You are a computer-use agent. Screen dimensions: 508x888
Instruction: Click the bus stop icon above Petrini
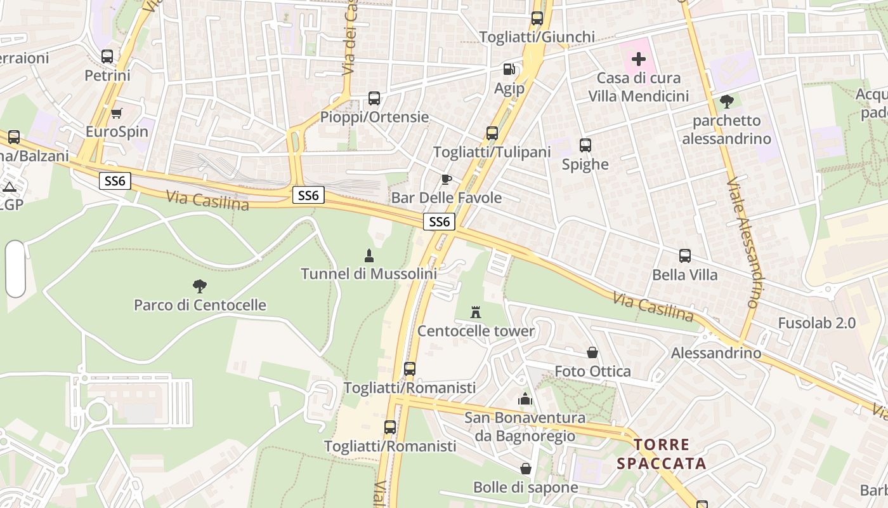(107, 57)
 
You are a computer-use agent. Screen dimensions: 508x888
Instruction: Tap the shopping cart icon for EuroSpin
(116, 114)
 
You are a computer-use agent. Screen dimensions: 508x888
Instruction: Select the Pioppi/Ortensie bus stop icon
(374, 98)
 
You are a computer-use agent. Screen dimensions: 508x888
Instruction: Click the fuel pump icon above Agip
(509, 69)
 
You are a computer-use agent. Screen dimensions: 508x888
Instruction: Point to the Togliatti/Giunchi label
(537, 37)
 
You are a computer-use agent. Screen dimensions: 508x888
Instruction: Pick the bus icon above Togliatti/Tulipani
(492, 133)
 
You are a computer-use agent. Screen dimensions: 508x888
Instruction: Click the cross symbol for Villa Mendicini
(638, 59)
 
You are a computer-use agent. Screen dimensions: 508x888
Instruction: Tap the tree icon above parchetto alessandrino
(726, 101)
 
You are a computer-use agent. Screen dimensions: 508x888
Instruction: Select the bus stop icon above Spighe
(585, 145)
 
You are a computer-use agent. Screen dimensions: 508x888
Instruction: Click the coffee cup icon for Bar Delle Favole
(446, 179)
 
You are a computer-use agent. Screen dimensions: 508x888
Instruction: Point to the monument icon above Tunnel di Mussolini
(369, 255)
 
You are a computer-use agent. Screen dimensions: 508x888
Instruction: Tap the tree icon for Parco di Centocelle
(200, 286)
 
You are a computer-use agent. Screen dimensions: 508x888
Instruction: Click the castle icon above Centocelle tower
(476, 312)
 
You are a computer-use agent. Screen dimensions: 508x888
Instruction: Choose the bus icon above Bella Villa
(685, 256)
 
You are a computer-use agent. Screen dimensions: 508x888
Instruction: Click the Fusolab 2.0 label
(817, 323)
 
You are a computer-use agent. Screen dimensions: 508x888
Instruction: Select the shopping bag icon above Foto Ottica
(592, 352)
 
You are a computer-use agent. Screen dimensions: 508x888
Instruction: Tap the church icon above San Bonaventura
(525, 399)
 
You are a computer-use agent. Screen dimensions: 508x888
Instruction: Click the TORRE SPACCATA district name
(662, 453)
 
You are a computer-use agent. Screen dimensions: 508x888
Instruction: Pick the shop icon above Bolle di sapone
(526, 469)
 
